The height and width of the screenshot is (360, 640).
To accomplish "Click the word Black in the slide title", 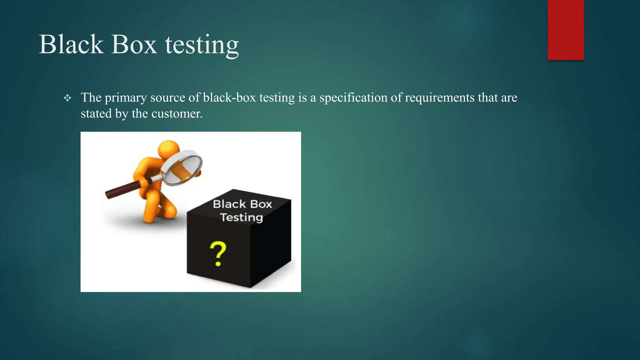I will click(71, 44).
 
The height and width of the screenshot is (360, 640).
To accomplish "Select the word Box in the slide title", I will click(134, 44).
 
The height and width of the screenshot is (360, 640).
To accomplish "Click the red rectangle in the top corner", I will click(566, 30).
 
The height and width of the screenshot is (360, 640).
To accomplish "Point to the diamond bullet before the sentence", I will click(67, 98).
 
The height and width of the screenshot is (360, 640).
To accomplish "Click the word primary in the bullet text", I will click(125, 98).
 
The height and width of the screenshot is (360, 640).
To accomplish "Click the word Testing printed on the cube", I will click(241, 217).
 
